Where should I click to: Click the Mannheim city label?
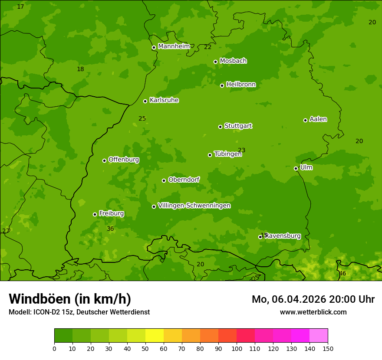(174, 46)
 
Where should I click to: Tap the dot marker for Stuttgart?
(220, 127)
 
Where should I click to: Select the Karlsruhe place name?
(164, 100)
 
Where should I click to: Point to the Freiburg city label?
(111, 213)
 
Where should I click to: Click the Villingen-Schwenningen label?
(194, 206)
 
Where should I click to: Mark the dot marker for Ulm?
(296, 168)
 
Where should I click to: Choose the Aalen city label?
(318, 119)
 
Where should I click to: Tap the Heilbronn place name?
(241, 85)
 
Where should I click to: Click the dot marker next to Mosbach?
(215, 62)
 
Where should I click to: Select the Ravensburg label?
(283, 236)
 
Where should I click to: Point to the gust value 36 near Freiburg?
(110, 229)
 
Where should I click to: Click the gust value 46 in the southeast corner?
(342, 273)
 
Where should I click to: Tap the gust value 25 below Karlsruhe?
(142, 118)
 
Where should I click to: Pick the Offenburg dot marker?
(104, 160)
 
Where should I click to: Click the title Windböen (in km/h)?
(70, 299)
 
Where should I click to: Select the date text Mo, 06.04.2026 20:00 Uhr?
(313, 299)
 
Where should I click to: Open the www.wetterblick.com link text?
(313, 312)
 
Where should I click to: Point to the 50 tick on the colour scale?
(145, 348)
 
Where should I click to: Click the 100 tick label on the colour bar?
(237, 348)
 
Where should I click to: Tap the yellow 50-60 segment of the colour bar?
(155, 335)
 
